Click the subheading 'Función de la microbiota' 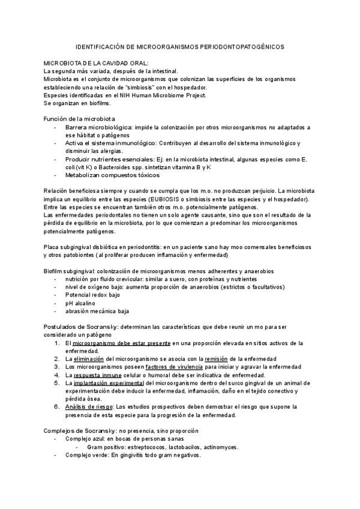click(x=80, y=119)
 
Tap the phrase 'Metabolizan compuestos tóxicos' click(x=112, y=175)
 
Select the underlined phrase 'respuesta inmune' click(x=98, y=375)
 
